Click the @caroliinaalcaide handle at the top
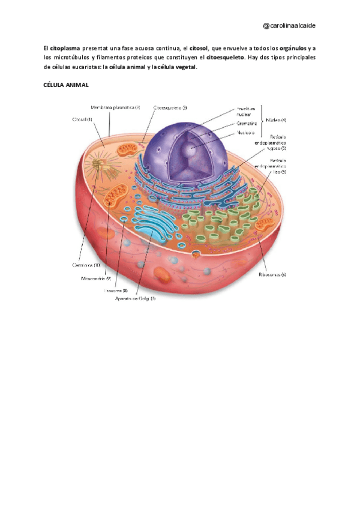(290, 26)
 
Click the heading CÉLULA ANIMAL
(66, 85)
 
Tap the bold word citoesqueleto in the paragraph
(225, 58)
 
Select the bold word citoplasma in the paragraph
(64, 47)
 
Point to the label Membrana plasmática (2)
(115, 107)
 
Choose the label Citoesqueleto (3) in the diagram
(170, 107)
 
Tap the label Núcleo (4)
(275, 120)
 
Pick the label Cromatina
(247, 123)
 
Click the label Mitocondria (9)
(96, 279)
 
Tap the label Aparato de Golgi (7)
(136, 298)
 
